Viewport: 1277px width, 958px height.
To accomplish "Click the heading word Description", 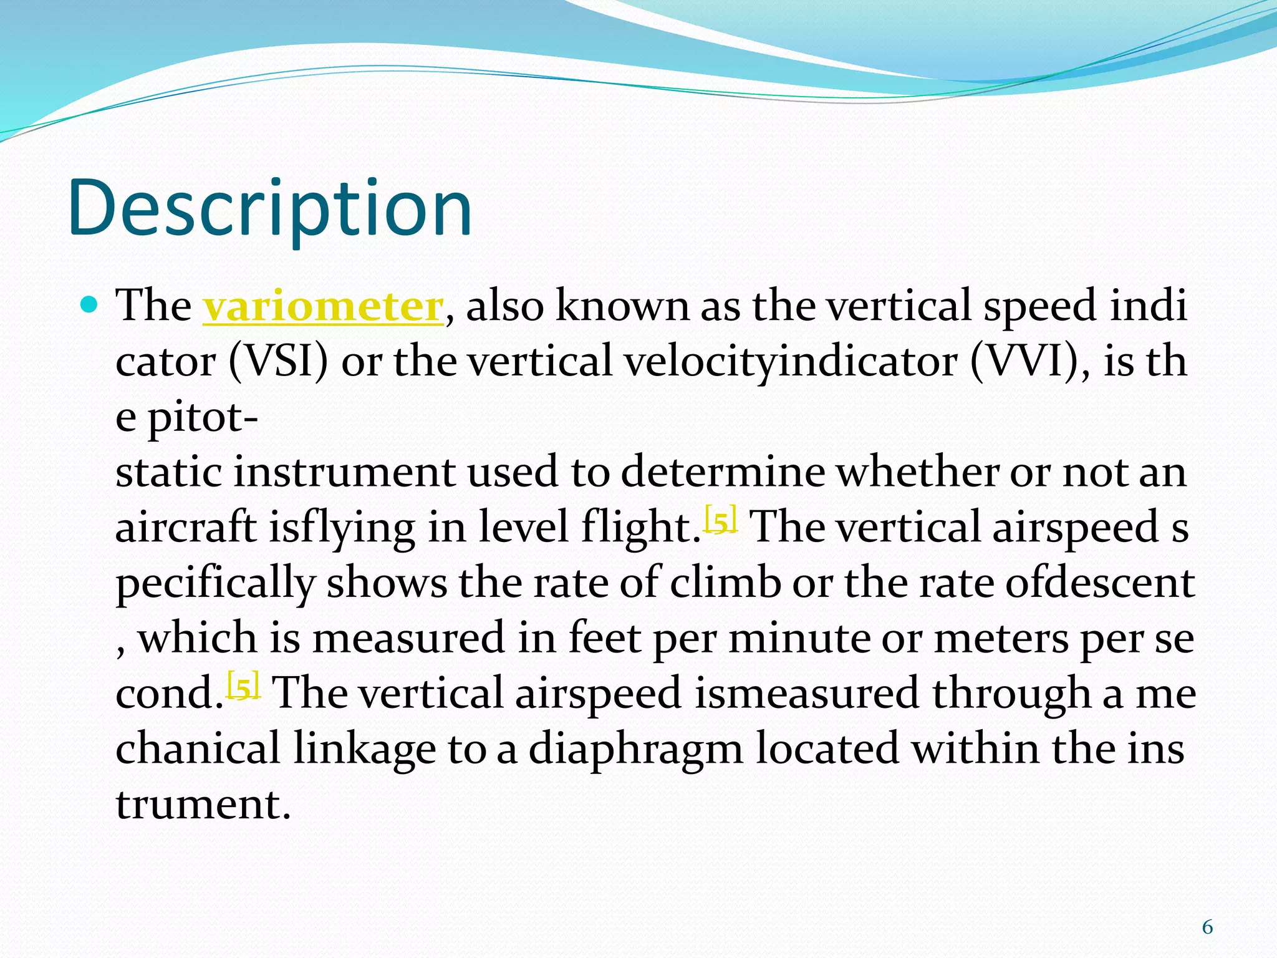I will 269,209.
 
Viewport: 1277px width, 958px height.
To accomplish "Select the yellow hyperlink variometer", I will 322,306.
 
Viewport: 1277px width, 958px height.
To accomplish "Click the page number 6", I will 1207,927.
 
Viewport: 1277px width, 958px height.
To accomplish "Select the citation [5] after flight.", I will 721,520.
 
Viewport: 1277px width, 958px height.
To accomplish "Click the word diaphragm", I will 635,748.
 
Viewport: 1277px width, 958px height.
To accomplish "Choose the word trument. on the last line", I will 203,804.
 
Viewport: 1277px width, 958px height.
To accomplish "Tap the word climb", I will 725,583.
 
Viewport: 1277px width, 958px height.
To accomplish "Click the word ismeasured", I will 806,694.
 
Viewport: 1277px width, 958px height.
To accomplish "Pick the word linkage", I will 364,748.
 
